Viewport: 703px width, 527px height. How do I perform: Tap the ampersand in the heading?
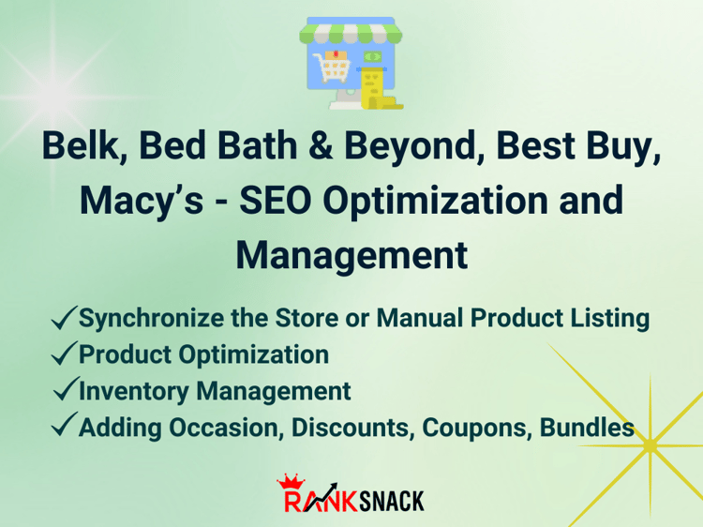(321, 145)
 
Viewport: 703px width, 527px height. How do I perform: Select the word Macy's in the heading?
(142, 201)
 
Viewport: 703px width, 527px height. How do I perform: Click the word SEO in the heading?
(276, 200)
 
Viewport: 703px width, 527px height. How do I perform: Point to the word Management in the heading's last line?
(351, 256)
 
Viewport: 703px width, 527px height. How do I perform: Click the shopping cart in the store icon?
(332, 66)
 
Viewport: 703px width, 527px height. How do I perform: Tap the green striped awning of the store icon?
(351, 33)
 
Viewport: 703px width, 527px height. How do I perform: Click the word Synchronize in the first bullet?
(152, 320)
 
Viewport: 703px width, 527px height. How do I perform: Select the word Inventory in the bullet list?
(134, 392)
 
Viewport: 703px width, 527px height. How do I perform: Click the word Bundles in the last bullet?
(587, 428)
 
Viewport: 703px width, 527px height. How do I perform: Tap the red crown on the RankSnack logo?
(292, 483)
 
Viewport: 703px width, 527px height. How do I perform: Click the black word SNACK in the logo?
(392, 501)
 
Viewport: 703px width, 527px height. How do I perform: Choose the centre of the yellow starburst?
(650, 445)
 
